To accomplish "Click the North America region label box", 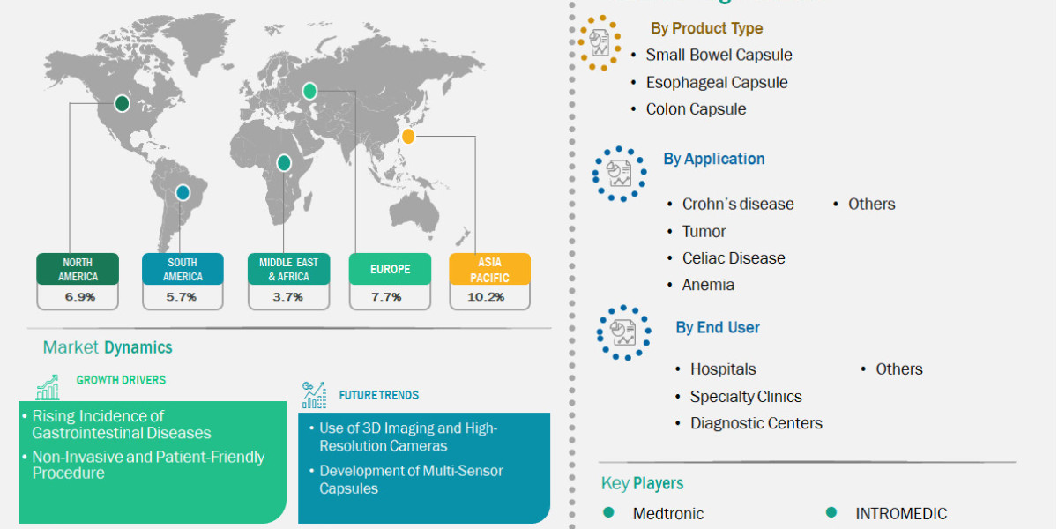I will (x=78, y=269).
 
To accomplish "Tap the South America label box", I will (x=183, y=269).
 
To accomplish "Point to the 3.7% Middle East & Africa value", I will (x=287, y=297).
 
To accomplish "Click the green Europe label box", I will (x=391, y=269).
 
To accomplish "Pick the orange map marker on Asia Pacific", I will (x=407, y=136).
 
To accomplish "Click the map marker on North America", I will (x=122, y=104).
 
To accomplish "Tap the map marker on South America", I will (x=183, y=192).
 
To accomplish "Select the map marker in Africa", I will (x=284, y=162).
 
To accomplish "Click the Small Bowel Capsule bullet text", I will (x=719, y=55).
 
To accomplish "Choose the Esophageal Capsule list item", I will (x=716, y=82).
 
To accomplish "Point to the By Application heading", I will (x=714, y=159).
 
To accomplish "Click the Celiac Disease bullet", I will (x=733, y=257).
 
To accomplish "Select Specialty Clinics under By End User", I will (x=746, y=396).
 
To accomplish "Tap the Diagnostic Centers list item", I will (x=756, y=423).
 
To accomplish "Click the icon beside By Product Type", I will (x=600, y=41).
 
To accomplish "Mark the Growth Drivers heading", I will (x=121, y=380).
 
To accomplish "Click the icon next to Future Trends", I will (x=313, y=394).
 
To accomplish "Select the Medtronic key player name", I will (x=668, y=513).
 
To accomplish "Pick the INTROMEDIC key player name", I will (x=901, y=513).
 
